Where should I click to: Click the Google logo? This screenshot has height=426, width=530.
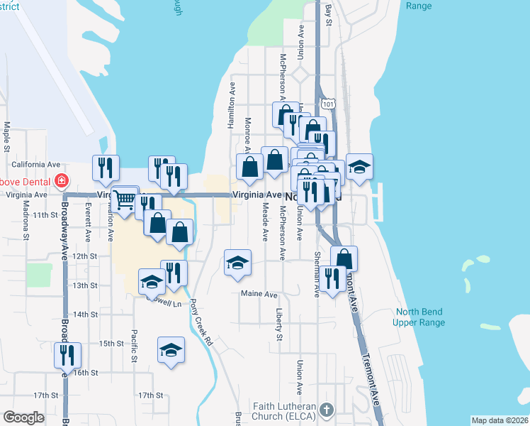23,417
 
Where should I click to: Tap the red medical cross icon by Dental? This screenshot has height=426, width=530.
62,180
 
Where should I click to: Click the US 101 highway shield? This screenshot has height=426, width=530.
327,104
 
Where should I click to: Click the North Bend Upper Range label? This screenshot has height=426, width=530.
420,317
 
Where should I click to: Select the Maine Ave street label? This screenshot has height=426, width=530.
259,294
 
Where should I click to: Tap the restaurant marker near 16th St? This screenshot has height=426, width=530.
67,354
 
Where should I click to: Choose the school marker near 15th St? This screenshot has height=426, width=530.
170,351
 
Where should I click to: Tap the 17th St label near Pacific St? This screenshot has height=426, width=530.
151,395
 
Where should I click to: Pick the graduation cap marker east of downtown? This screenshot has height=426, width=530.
359,166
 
